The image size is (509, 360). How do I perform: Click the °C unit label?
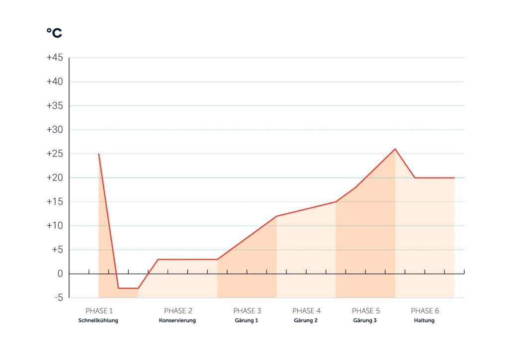point(54,33)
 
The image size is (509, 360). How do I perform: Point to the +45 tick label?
point(55,58)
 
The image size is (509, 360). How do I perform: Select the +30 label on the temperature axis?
point(55,129)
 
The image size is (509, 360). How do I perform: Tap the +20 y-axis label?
point(55,178)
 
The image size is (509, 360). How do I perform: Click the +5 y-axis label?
point(57,250)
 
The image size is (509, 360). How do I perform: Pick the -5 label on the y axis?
point(59,298)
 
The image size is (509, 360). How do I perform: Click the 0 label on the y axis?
point(60,273)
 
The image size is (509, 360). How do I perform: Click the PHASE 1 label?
point(99,311)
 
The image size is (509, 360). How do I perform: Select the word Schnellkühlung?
point(98,320)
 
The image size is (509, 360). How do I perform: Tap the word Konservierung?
point(177,320)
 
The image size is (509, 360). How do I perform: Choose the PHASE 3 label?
point(247,311)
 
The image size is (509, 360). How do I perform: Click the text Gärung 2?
point(306,320)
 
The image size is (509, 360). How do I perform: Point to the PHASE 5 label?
point(365,311)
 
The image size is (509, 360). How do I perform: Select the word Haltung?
point(424,320)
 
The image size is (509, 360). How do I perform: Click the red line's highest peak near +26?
point(395,149)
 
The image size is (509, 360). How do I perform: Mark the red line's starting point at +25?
point(99,154)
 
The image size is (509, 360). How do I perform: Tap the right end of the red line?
point(454,178)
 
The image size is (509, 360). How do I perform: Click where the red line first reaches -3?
point(118,288)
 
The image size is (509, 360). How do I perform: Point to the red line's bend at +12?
point(276,216)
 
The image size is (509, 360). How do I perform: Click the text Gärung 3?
point(365,320)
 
